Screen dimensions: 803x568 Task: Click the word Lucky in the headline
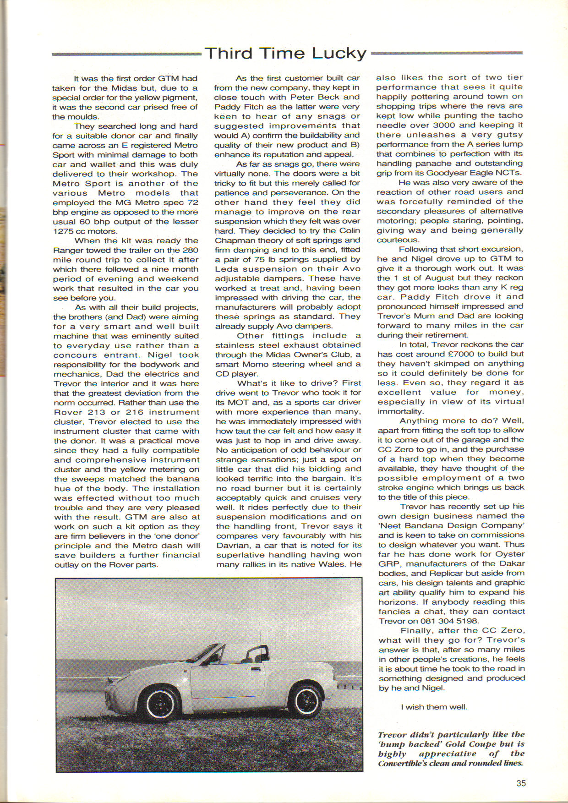[x=339, y=54]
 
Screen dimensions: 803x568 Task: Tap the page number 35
[x=521, y=783]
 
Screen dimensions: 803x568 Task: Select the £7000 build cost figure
[x=462, y=354]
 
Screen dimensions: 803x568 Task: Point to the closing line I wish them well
[x=434, y=707]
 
